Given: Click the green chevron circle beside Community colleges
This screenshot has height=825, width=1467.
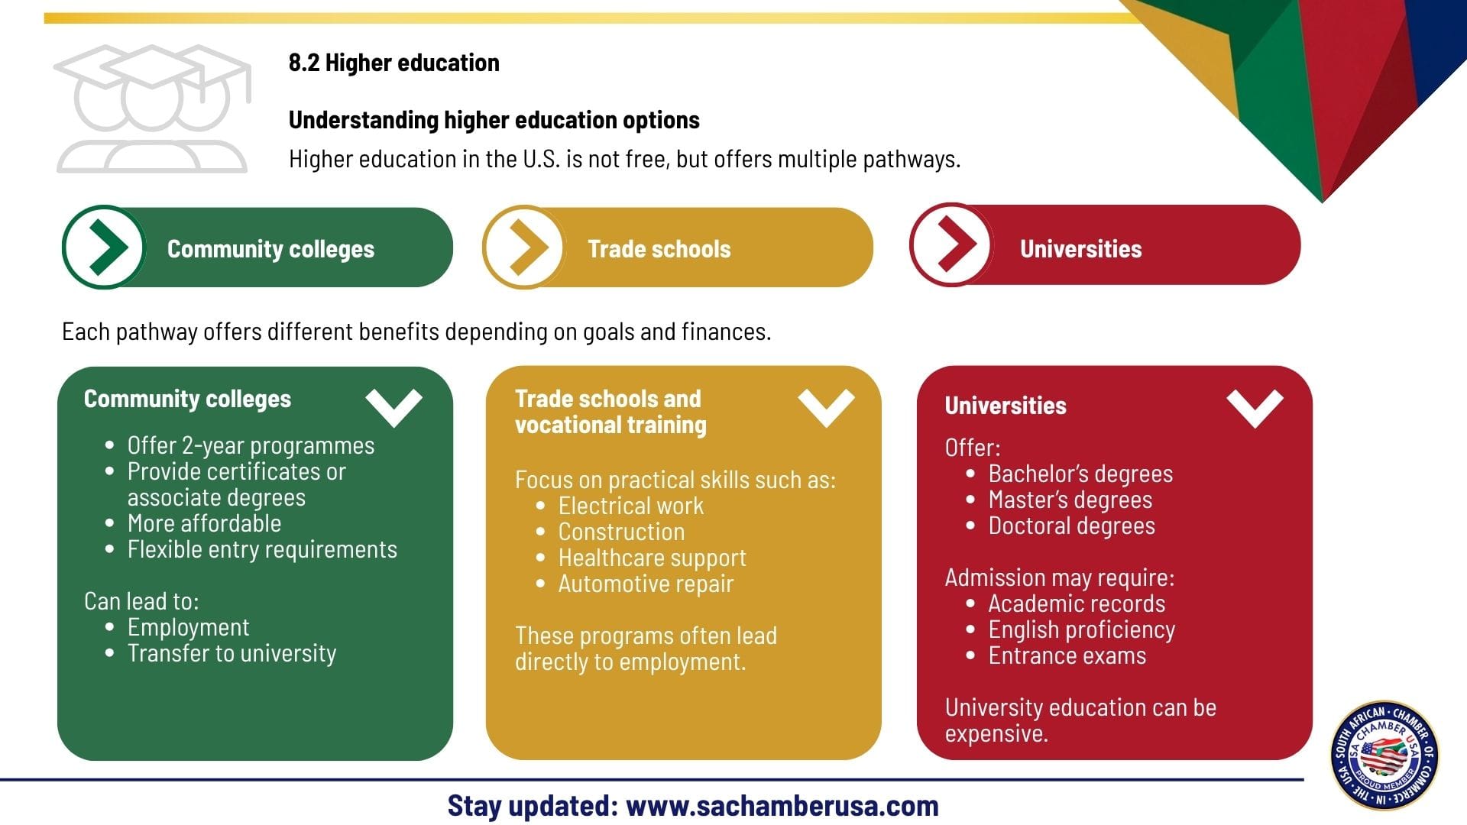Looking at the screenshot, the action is [104, 247].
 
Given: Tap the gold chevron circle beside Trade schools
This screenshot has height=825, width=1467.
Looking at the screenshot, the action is [524, 247].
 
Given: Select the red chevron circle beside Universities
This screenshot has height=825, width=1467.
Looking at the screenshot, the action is [951, 244].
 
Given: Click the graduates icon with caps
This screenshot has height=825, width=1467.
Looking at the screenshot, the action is [152, 108].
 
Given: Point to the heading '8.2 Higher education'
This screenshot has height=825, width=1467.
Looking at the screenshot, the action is [394, 63].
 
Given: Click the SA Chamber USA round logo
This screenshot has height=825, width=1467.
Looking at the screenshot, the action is [1384, 756].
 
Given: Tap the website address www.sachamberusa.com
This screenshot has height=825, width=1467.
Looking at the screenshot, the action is [782, 806].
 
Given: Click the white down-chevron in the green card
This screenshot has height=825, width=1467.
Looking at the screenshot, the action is [393, 408].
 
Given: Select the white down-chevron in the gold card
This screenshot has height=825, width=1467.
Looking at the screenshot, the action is [826, 408].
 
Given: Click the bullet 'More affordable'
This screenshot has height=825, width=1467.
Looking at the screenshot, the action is [204, 523].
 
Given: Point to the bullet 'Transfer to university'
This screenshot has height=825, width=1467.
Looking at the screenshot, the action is [232, 654].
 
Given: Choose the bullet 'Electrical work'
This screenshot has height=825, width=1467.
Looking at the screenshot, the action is [631, 506].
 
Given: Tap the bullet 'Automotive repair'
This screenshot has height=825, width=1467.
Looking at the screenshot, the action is [646, 584].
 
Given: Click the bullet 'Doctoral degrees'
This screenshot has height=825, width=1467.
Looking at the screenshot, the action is [1072, 526].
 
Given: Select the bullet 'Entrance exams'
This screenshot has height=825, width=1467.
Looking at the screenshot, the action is [1067, 656].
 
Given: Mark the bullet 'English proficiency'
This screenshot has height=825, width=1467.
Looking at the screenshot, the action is [1082, 630].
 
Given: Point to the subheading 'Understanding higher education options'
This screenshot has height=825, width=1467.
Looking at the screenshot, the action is [494, 120].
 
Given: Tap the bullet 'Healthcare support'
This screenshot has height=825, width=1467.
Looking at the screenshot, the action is [653, 558].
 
